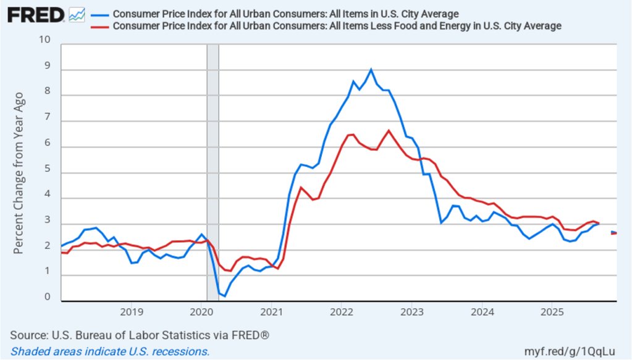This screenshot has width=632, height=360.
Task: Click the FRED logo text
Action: coord(36,14)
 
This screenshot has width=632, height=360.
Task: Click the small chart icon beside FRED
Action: coord(77,14)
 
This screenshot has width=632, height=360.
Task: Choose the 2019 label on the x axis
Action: coord(132,311)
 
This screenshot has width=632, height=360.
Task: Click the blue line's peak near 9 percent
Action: coord(371,70)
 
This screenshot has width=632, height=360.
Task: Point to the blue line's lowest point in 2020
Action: coord(224,296)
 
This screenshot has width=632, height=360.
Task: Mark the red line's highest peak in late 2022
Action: coord(389,130)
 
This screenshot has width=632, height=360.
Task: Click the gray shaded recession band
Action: coord(213,173)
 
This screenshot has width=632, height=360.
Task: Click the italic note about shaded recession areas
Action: coord(110,351)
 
